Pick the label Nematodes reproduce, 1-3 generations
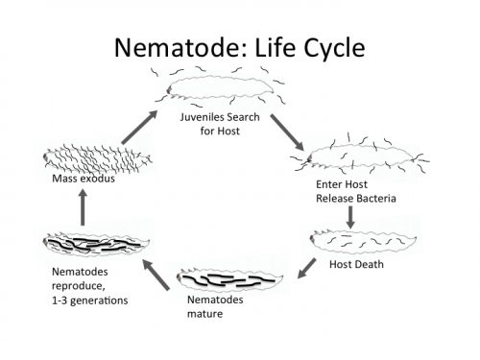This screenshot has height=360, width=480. coord(89,285)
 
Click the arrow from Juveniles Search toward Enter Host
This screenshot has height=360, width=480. coord(287,132)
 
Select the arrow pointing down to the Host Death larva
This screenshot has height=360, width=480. coord(351,216)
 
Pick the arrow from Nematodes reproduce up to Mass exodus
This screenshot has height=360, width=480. coord(84,206)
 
